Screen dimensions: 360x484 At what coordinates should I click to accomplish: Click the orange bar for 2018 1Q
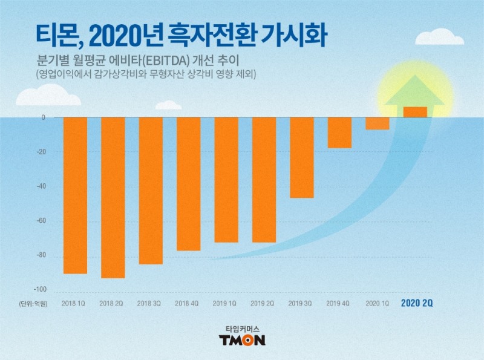coord(75,195)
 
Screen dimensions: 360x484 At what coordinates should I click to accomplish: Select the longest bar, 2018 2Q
coord(113,197)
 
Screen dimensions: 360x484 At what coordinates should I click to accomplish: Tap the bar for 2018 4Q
coord(188,183)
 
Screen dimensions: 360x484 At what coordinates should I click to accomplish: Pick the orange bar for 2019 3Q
coord(301,157)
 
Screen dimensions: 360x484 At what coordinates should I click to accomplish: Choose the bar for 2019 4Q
coord(339,133)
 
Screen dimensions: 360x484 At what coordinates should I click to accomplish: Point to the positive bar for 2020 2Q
coord(414,112)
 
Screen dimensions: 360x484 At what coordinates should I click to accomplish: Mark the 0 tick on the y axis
coord(44,117)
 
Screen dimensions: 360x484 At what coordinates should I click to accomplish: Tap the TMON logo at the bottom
coord(241,340)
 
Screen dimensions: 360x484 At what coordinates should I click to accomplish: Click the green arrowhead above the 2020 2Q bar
coord(414,96)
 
